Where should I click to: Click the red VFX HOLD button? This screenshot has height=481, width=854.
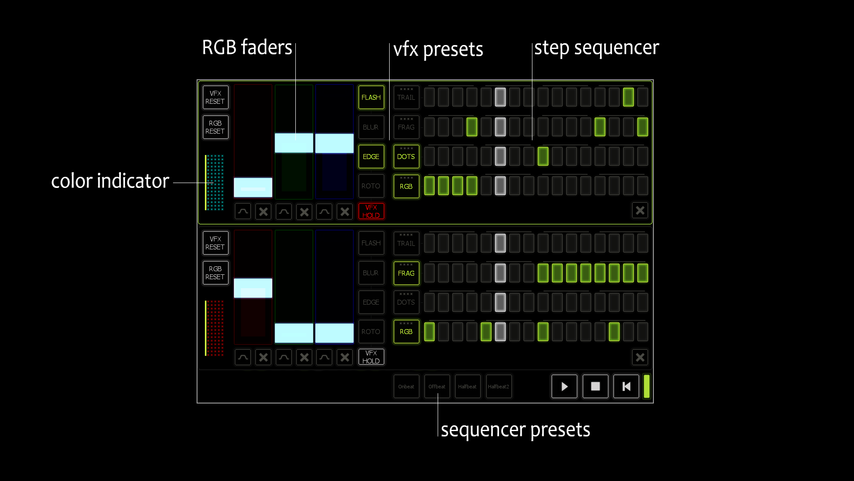pos(371,211)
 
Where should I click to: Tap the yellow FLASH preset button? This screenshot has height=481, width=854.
pos(371,97)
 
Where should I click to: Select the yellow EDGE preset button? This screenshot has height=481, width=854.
pos(371,156)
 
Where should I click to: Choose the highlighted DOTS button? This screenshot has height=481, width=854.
pos(406,156)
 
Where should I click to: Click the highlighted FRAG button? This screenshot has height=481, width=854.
pos(406,273)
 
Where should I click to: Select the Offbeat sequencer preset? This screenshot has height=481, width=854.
pos(437,386)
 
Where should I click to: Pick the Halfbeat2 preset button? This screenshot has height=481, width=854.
pos(499,386)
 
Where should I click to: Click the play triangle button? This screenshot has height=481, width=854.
pos(564,386)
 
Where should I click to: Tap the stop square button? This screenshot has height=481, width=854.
pos(595,386)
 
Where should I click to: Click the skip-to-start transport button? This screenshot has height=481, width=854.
pos(626,386)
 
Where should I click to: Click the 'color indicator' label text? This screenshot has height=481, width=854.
pos(110,181)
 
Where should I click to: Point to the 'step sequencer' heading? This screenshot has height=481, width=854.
pos(596,48)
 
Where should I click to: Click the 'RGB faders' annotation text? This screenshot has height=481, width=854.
pos(247,47)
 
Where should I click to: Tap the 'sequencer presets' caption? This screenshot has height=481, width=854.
pos(516,429)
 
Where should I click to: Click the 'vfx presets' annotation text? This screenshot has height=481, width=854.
pos(438,49)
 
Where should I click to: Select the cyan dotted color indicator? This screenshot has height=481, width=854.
pos(215,183)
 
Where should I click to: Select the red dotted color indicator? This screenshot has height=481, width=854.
pos(215,328)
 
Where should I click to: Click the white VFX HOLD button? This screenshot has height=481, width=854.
pos(371,357)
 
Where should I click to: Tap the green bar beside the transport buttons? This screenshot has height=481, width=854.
pos(646,386)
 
